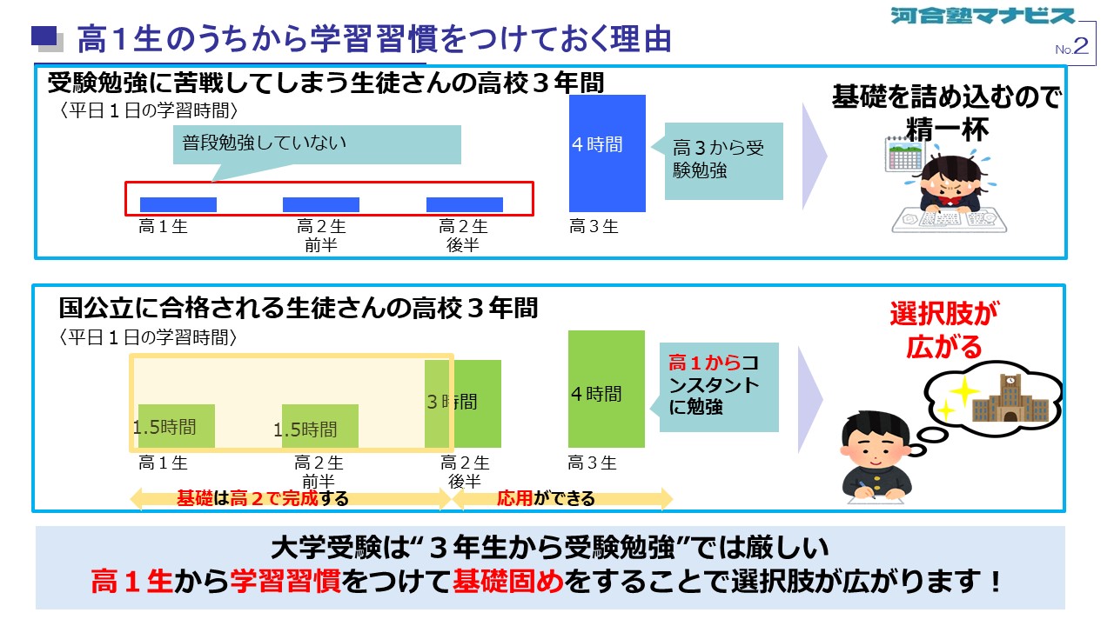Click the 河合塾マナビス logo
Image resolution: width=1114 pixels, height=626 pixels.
(x=983, y=16)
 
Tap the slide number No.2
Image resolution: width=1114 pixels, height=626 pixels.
(x=1071, y=47)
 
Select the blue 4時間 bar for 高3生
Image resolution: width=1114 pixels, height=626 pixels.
(x=607, y=154)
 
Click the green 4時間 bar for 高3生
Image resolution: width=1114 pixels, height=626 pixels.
(x=607, y=389)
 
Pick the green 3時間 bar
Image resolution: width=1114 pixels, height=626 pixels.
(x=462, y=404)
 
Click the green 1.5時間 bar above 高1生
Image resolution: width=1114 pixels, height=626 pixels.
(x=177, y=426)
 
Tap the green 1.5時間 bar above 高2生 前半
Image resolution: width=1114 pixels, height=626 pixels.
(x=319, y=426)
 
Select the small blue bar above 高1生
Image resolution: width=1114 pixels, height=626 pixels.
(x=178, y=204)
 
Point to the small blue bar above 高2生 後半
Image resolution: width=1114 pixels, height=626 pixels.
(x=465, y=204)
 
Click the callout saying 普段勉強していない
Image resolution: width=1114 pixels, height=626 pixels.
(x=317, y=144)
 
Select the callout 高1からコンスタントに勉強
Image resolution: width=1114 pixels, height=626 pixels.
(x=715, y=387)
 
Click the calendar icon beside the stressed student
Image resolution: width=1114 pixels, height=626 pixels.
(x=903, y=154)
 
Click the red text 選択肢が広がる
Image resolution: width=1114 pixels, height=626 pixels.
(x=944, y=330)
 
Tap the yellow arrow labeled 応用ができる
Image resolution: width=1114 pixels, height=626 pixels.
(x=562, y=498)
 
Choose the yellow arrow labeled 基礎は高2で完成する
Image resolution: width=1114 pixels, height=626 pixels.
(x=291, y=498)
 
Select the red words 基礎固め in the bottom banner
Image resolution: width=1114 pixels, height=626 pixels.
(x=508, y=581)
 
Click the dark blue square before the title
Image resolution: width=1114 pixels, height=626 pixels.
(x=44, y=36)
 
